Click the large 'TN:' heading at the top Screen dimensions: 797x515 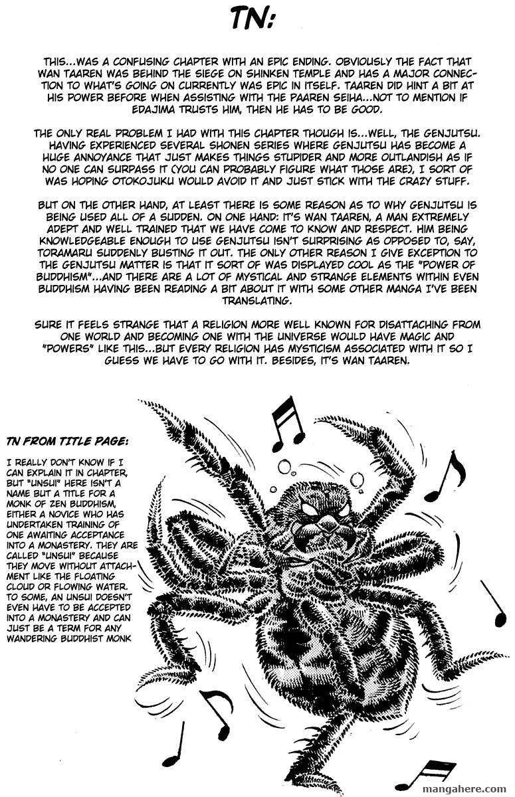click(257, 23)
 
